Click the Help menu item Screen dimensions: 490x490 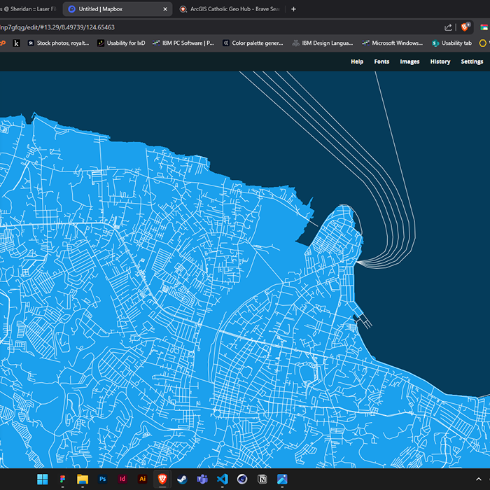357,62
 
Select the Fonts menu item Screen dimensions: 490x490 381,62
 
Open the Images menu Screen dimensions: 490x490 409,62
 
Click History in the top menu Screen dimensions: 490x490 440,62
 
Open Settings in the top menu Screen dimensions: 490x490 472,62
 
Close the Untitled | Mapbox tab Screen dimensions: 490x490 165,9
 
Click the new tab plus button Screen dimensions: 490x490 293,9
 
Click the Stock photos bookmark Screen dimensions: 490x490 59,43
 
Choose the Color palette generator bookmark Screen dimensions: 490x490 253,43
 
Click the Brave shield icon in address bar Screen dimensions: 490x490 465,27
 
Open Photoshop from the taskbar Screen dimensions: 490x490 102,479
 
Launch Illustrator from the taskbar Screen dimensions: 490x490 143,479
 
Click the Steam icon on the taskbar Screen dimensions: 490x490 182,479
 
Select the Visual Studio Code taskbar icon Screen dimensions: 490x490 223,479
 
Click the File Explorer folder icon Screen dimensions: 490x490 82,479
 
